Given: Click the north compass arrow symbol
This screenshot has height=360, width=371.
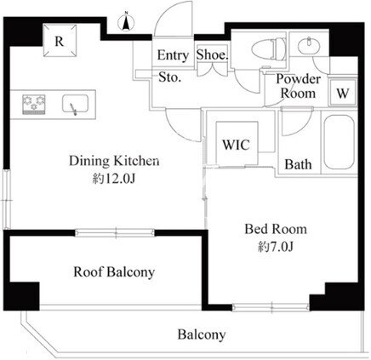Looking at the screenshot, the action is [x=126, y=21].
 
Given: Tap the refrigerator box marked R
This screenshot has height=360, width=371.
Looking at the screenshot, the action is [x=60, y=41].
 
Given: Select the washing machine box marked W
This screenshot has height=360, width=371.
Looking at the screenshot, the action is [x=342, y=92].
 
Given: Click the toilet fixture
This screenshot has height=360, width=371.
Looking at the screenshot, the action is [x=269, y=50].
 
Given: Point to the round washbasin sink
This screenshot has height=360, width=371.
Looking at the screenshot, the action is [x=309, y=45].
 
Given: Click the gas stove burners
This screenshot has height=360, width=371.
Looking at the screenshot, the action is [x=34, y=104].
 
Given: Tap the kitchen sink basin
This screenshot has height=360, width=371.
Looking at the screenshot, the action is [x=75, y=103].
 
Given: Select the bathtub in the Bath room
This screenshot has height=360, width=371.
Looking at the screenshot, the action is [x=339, y=142].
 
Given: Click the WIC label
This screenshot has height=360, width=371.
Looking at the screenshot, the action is [x=236, y=145].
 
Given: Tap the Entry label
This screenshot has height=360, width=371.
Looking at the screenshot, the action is [x=173, y=55].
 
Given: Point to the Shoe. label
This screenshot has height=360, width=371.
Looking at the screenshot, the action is [x=212, y=54].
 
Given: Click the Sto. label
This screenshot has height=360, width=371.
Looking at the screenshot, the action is [x=169, y=77].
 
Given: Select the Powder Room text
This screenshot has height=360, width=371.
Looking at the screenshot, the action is [x=298, y=86].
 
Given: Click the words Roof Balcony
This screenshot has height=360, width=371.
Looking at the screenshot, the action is [x=114, y=271].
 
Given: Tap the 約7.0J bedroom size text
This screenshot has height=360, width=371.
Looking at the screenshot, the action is [x=276, y=248].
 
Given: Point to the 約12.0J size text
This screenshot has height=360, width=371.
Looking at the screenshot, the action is [x=113, y=179].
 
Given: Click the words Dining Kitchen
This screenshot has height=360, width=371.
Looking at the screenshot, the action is [x=114, y=161].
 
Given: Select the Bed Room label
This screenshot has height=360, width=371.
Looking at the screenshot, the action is [x=276, y=229].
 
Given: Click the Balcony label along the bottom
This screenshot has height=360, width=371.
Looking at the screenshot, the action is [x=202, y=334].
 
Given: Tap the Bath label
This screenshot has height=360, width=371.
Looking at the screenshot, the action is [x=298, y=164].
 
